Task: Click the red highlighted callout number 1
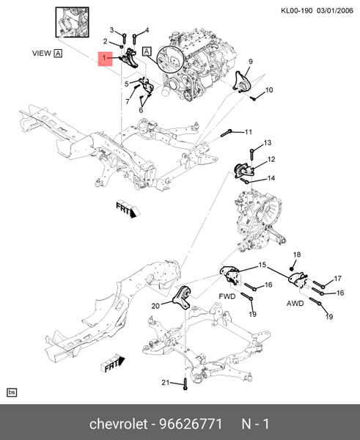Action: (105, 58)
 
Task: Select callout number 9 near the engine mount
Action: (250, 61)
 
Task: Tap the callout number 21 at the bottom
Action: (166, 382)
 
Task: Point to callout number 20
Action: (155, 306)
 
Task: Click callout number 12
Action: (271, 159)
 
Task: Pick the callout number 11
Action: (249, 132)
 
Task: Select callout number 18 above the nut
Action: (297, 254)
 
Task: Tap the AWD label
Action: (296, 301)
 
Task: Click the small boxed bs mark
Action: (12, 393)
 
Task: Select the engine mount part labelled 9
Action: (241, 81)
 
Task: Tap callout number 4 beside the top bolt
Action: (147, 30)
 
